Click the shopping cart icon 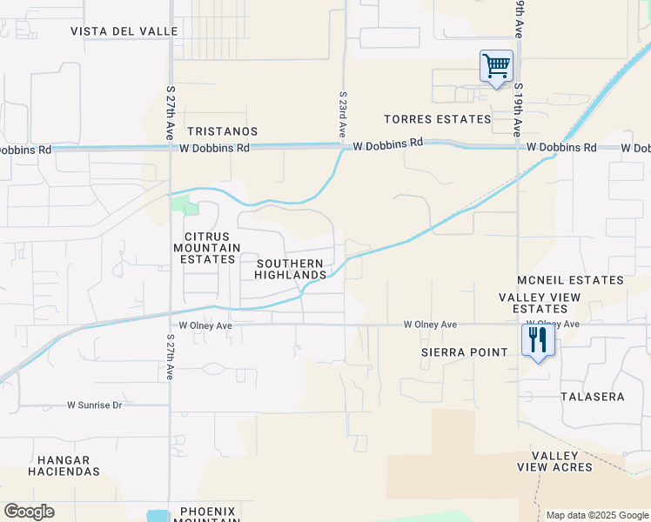point(496,65)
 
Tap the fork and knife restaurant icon point(537,339)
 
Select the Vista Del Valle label point(124,31)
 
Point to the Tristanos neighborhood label point(222,131)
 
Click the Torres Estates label point(438,119)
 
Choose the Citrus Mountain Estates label point(207,247)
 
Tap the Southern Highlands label point(290,269)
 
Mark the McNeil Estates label point(570,280)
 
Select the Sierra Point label point(464,352)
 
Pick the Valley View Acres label point(554,462)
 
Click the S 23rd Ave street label point(343,113)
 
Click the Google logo point(29,512)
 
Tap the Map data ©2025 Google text point(596,515)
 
